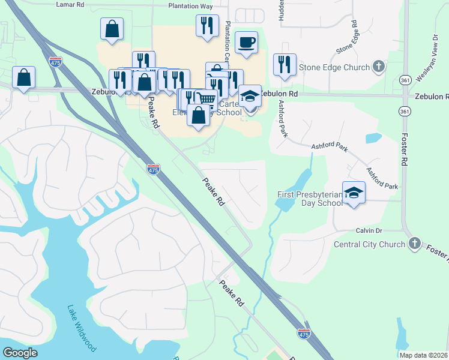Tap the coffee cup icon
pos(247,43)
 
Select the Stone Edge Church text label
pos(336,67)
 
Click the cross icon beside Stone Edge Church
pos(378,67)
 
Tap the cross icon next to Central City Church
pos(414,244)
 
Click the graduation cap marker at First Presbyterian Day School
pos(354,193)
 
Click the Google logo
pos(20,353)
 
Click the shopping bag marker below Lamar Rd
pos(112,28)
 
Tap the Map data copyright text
pos(423,355)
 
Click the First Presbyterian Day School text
pos(310,199)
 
